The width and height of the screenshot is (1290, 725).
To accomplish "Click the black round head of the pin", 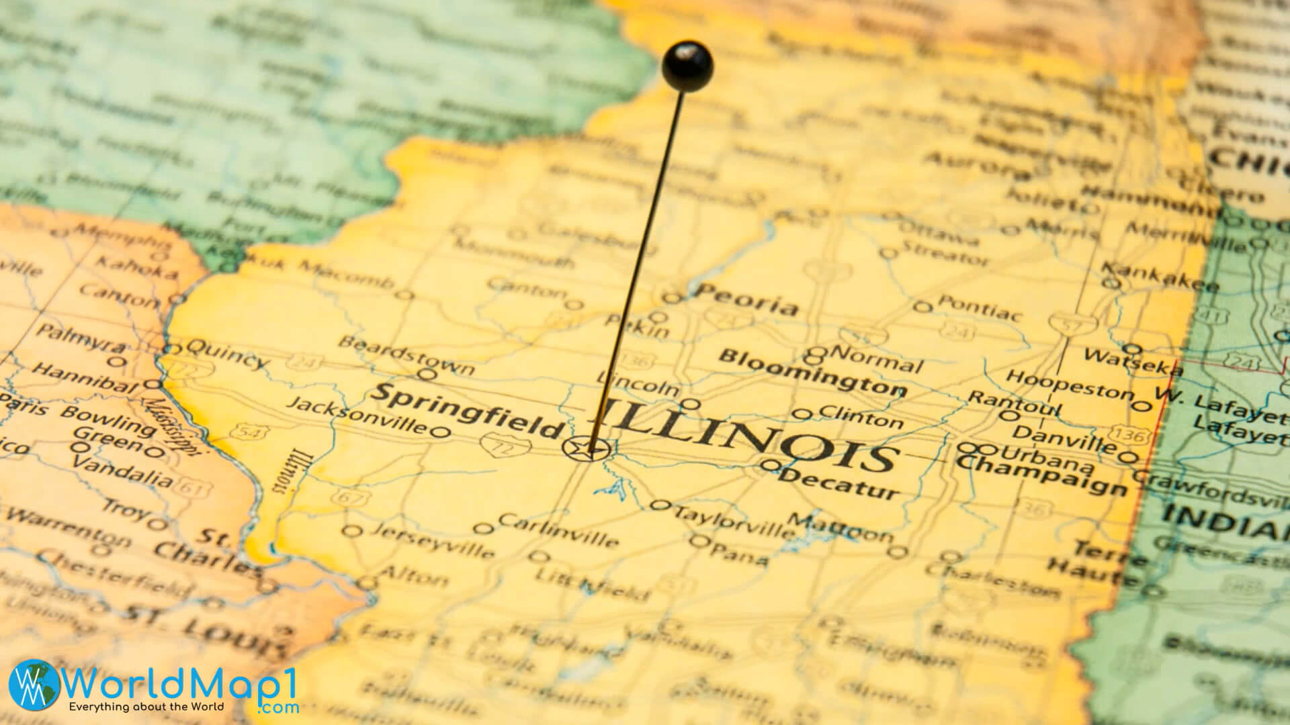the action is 687,64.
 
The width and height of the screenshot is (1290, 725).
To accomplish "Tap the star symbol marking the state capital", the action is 587,448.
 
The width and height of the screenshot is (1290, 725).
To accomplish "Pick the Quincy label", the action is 226,354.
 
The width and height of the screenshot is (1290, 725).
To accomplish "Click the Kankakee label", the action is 1159,277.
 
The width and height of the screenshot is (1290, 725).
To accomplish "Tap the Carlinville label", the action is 558,530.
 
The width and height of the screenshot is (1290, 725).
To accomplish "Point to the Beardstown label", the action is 406,354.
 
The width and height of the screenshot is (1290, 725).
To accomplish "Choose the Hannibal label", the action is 85,379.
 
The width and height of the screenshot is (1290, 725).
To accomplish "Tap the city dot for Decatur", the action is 771,465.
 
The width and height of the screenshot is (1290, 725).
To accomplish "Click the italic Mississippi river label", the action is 171,424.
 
